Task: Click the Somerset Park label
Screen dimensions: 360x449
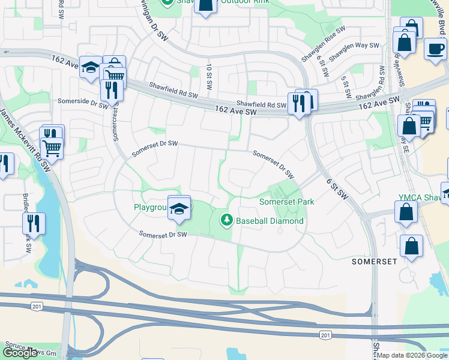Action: tap(286, 202)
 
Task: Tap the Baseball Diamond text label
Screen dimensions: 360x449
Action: tap(270, 221)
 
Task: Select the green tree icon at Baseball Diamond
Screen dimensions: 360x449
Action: tap(226, 221)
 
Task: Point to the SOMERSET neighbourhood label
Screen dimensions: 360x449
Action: tap(375, 262)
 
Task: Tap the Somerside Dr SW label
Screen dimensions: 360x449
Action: tap(82, 101)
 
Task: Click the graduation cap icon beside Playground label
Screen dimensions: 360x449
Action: tap(179, 209)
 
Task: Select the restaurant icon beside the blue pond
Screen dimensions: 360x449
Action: tap(34, 223)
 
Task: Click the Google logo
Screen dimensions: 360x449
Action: tap(20, 353)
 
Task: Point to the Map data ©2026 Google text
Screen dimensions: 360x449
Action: tap(412, 355)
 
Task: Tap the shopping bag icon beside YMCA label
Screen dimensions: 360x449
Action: tap(406, 212)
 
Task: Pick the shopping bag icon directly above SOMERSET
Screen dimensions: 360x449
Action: tap(411, 245)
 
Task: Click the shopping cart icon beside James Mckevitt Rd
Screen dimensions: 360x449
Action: tap(52, 146)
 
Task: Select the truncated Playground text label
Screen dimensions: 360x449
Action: tap(149, 208)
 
